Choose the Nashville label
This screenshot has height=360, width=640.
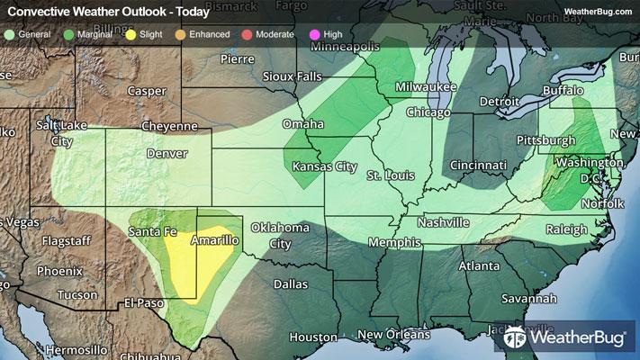click(444, 222)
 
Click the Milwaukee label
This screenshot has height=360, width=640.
click(422, 86)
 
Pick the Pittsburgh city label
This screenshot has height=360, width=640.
click(545, 140)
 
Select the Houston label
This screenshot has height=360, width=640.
click(313, 337)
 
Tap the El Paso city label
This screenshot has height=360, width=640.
click(146, 301)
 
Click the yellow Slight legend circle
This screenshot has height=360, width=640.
click(131, 34)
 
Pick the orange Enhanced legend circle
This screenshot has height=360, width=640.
click(181, 34)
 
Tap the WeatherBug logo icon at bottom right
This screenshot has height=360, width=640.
click(517, 338)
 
